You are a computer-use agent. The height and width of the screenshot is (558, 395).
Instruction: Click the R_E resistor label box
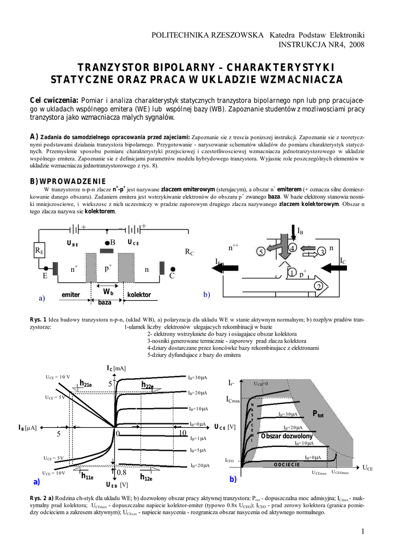pos(39,251)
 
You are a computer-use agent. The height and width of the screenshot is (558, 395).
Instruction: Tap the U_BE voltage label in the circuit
pos(72,244)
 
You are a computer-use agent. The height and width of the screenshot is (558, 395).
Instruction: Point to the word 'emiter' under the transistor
pos(71,295)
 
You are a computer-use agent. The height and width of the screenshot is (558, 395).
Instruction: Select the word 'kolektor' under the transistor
pos(139,295)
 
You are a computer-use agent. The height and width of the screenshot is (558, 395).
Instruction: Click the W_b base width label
pos(108,293)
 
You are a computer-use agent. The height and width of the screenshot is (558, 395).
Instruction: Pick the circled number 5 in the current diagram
pos(260,252)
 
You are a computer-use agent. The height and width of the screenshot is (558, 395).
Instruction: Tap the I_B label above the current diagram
pos(299,232)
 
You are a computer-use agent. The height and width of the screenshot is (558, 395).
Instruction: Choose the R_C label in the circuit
pos(190,252)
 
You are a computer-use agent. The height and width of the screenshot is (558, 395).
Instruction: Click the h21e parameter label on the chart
pos(86,384)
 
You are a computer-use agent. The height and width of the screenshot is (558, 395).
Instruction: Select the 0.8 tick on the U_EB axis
pos(121,472)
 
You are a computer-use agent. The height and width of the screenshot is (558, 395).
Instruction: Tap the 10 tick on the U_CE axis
pos(183,433)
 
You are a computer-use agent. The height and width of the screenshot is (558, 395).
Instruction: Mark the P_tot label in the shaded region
pos(318,414)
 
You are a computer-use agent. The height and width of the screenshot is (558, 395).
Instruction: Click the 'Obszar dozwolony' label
pos(287,436)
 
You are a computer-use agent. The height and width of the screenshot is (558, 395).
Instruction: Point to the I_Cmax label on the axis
pos(233,400)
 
